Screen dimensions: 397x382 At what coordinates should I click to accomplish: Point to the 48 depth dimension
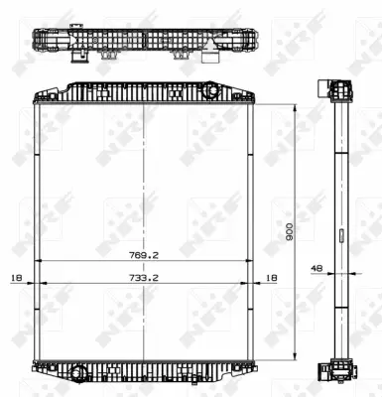click(317, 266)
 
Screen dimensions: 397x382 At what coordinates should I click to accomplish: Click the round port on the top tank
click(211, 91)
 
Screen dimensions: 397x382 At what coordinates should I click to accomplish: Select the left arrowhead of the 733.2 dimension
click(41, 286)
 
